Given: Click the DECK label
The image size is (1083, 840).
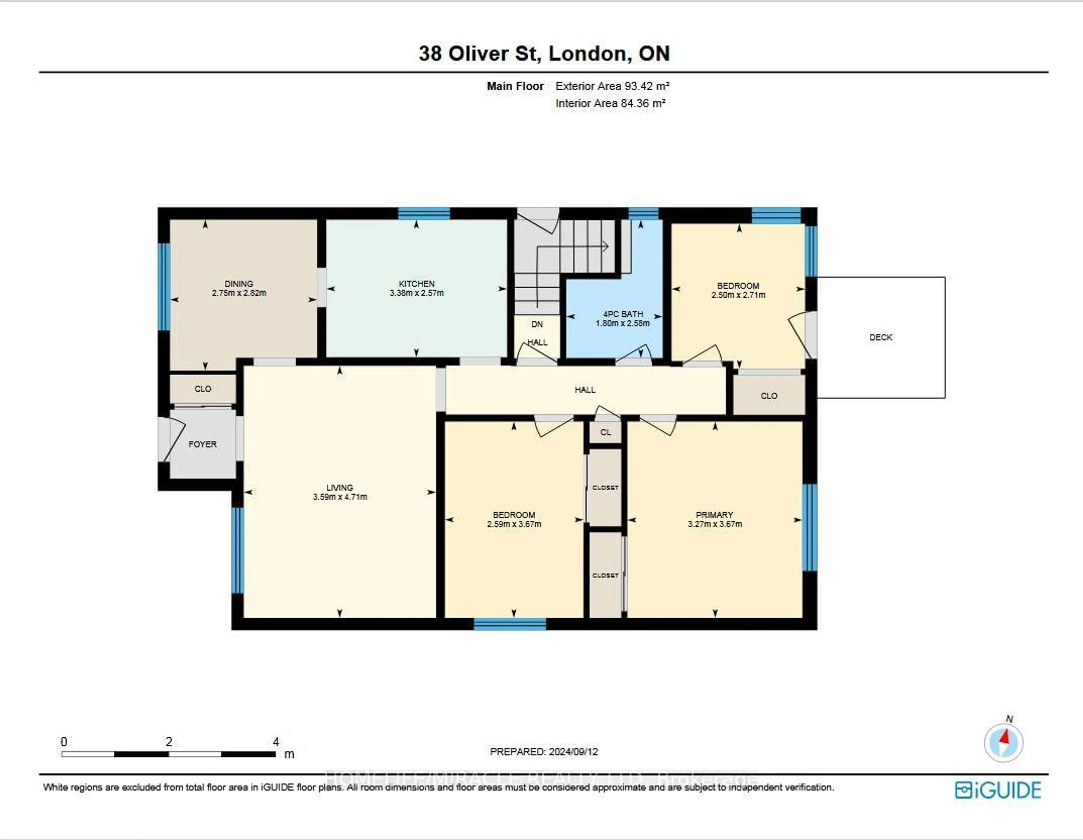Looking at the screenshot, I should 881,337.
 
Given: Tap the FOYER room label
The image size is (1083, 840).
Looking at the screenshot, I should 202,444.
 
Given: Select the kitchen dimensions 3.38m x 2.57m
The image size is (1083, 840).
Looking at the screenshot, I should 417,293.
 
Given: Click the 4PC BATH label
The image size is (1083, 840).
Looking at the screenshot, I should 623,314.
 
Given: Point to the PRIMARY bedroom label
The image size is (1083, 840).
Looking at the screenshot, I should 714,515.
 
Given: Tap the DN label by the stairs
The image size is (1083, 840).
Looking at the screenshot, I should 537,324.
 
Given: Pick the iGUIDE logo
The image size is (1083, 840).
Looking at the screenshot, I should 998,790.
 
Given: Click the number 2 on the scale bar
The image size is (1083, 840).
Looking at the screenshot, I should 169,742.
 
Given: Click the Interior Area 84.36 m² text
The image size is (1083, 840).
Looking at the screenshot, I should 610,103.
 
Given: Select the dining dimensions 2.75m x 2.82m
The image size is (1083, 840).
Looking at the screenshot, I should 239,293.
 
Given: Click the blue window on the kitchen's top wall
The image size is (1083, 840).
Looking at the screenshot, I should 424,214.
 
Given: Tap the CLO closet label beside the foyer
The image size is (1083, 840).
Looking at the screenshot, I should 203,389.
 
